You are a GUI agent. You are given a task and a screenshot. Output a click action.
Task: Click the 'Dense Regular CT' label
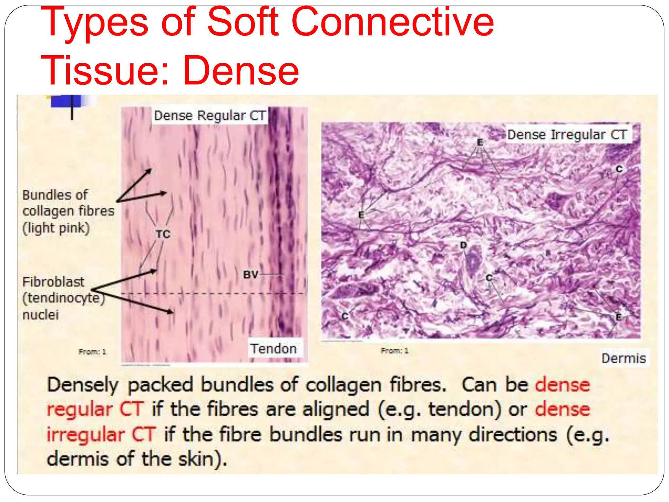pos(210,115)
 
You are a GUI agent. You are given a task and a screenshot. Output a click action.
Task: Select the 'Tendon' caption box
pos(274,348)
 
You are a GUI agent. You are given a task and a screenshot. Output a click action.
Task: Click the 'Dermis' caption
pos(624,358)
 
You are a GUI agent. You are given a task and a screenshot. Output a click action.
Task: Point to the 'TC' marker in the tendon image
pos(163,234)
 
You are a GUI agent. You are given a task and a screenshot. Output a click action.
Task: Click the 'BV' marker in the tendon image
pos(251,275)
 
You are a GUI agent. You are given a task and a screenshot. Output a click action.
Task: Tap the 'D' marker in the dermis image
pos(463,245)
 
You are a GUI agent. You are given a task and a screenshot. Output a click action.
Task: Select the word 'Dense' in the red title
pos(241,70)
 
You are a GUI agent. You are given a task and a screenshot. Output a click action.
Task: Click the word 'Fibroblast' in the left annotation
pos(53,282)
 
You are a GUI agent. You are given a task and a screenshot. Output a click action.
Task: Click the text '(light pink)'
pos(56,228)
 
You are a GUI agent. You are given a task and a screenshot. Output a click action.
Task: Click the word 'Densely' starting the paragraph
pos(83,385)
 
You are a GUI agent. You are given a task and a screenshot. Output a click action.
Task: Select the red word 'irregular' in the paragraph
pos(85,435)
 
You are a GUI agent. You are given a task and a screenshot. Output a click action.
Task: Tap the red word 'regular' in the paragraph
pos(79,410)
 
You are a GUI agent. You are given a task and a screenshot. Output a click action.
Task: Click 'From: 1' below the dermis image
pos(394,351)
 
